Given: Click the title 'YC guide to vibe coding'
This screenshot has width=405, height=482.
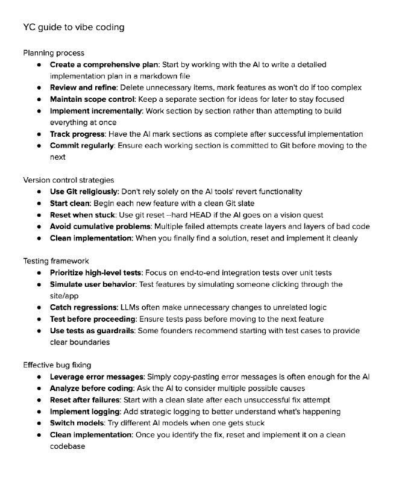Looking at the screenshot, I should [x=74, y=28].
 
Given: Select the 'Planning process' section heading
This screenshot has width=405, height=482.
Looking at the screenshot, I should [x=54, y=53].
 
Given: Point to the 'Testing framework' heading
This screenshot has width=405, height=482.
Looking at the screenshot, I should [x=56, y=261].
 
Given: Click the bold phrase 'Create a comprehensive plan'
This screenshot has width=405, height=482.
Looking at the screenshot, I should [x=104, y=64].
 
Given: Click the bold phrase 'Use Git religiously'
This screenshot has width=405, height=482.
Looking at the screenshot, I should [x=84, y=192].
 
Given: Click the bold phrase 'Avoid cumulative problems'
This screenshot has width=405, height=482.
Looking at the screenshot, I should [x=101, y=226].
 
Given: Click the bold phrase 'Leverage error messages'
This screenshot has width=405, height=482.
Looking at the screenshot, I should [x=96, y=377].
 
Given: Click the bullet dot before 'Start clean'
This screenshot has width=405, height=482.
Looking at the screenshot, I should [x=39, y=203].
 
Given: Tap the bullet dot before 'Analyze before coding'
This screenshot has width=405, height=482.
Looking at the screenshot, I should [x=39, y=388].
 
